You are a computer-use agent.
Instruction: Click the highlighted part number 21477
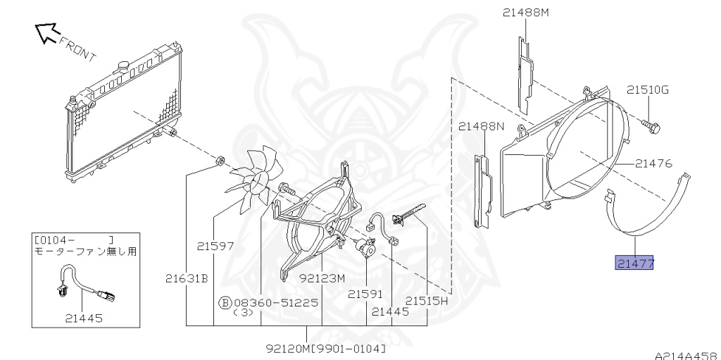[634, 263]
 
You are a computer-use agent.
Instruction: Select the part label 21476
[653, 163]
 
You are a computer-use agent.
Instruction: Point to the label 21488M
[525, 13]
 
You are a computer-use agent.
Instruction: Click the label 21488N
[482, 126]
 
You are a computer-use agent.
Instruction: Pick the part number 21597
[215, 247]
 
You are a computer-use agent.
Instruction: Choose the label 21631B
[187, 278]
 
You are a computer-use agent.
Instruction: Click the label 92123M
[322, 278]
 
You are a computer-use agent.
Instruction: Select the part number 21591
[365, 294]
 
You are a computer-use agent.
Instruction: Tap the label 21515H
[426, 301]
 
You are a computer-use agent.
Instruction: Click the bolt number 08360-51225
[282, 302]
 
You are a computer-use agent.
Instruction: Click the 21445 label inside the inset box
[84, 318]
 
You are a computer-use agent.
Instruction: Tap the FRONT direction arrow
[48, 34]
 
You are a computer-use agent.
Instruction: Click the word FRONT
[77, 49]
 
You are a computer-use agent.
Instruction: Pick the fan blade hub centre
[258, 183]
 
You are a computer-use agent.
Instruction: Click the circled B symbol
[225, 302]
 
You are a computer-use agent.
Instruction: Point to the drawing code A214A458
[687, 356]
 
